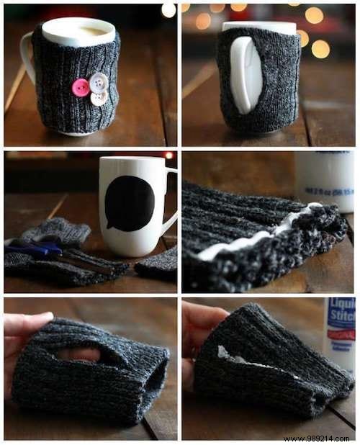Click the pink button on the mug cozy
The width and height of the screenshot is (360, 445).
point(81,87)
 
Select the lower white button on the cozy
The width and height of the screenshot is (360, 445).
point(99,97)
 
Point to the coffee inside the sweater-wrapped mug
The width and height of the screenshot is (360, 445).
point(77,30)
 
